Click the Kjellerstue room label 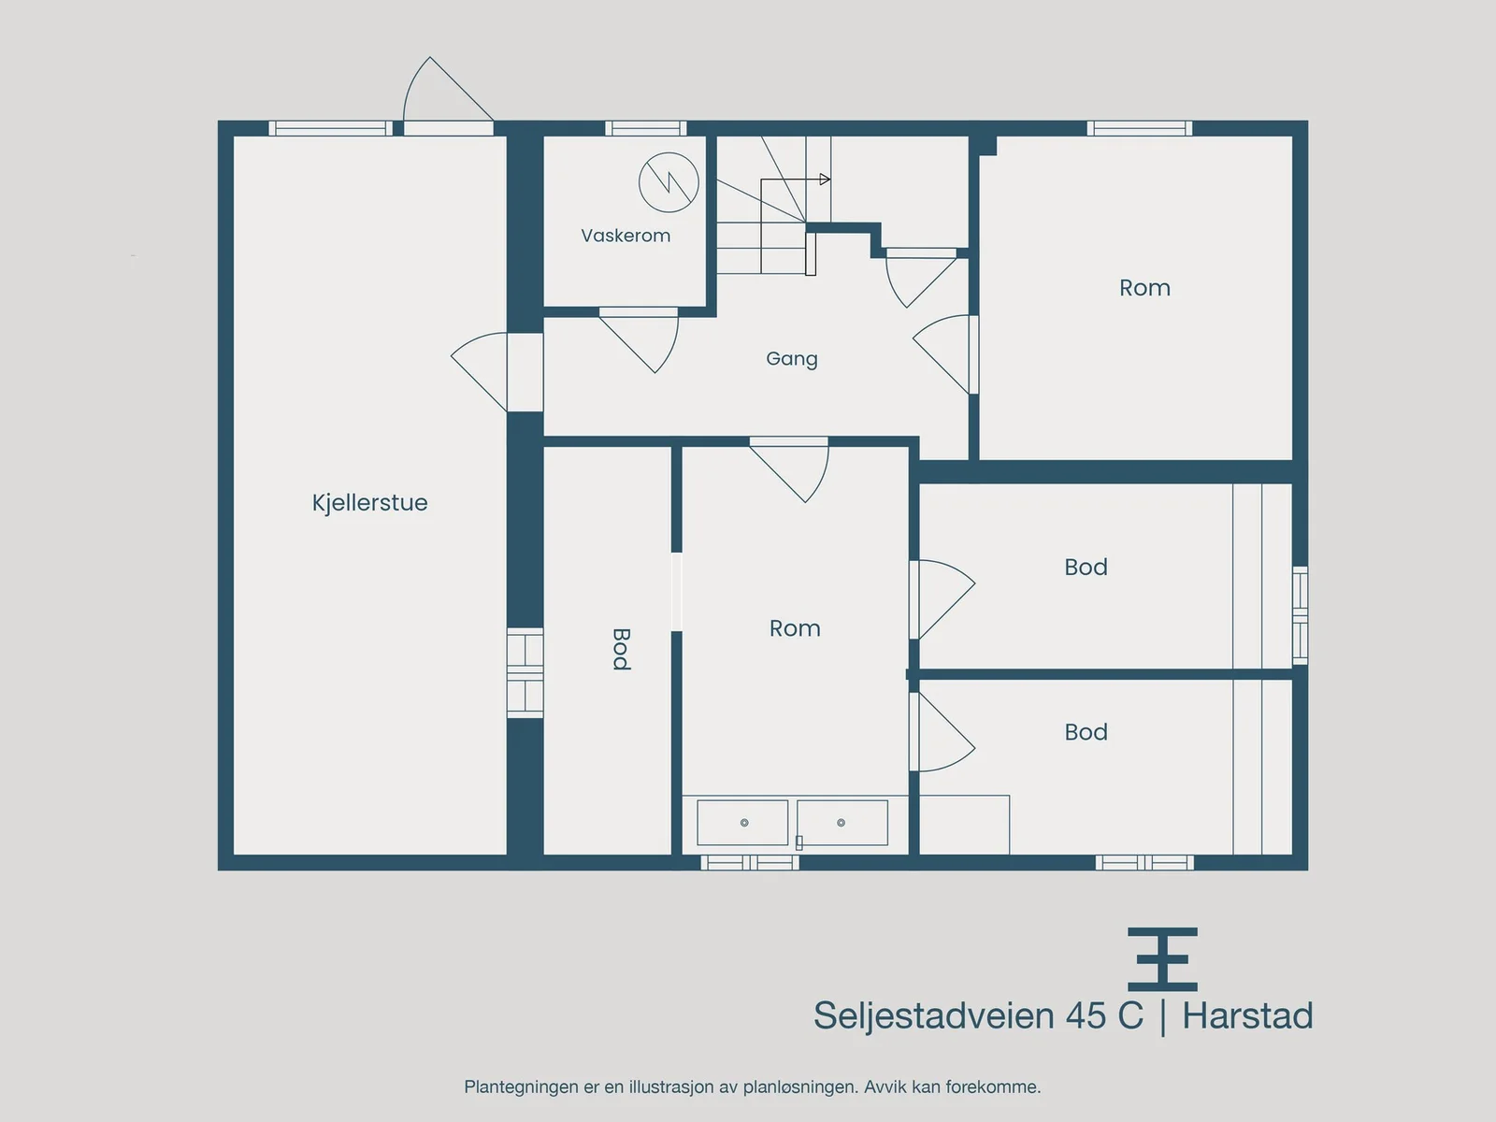coord(369,503)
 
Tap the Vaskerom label coord(626,236)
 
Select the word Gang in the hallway coord(791,359)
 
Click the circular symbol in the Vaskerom coord(669,182)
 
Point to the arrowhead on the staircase coord(825,180)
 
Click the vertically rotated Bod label coord(621,649)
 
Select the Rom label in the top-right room coord(1145,287)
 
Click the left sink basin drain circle coord(744,823)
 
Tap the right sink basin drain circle coord(841,823)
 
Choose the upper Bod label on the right coord(1086,567)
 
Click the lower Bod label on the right coord(1086,732)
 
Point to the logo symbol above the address coord(1162,959)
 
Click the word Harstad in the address coord(1247,1015)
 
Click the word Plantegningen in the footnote coord(521,1087)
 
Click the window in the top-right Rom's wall coord(1140,128)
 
